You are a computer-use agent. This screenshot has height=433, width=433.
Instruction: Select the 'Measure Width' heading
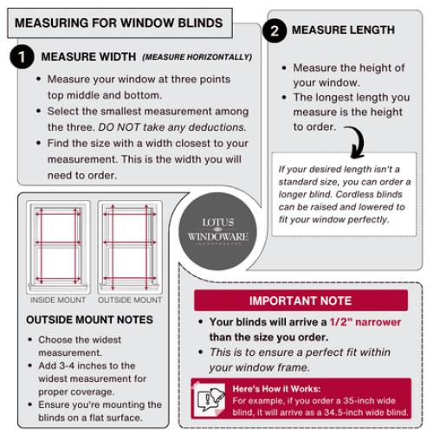[x=88, y=57]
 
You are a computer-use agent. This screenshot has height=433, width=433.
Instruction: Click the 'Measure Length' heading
[x=343, y=30]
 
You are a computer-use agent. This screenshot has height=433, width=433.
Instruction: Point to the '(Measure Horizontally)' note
[x=197, y=58]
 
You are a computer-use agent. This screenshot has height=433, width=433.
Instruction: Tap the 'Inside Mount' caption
[x=58, y=301]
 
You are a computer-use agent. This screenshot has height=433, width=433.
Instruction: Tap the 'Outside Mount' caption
[x=130, y=301]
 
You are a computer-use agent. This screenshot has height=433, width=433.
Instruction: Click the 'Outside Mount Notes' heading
[x=84, y=320]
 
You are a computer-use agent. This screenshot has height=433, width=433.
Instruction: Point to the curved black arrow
[x=355, y=139]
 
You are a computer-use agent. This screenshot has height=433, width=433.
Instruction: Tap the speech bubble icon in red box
[x=211, y=398]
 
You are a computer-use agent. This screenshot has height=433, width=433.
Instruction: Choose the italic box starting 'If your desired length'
[x=343, y=194]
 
